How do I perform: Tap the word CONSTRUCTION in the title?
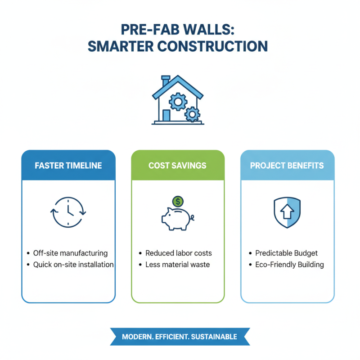tap(211, 46)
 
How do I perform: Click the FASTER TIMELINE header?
tap(68, 166)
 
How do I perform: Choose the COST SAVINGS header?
tap(177, 166)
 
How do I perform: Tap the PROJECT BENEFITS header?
tap(287, 166)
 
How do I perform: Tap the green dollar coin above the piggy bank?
tap(178, 201)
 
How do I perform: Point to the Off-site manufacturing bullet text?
tap(70, 253)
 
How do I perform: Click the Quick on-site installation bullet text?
tap(73, 265)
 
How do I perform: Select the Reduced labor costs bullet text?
tap(179, 253)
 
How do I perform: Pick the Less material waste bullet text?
tap(178, 265)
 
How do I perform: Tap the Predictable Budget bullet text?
tap(287, 253)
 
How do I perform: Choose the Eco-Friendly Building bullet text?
tap(289, 265)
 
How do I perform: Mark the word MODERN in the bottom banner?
tap(137, 337)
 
